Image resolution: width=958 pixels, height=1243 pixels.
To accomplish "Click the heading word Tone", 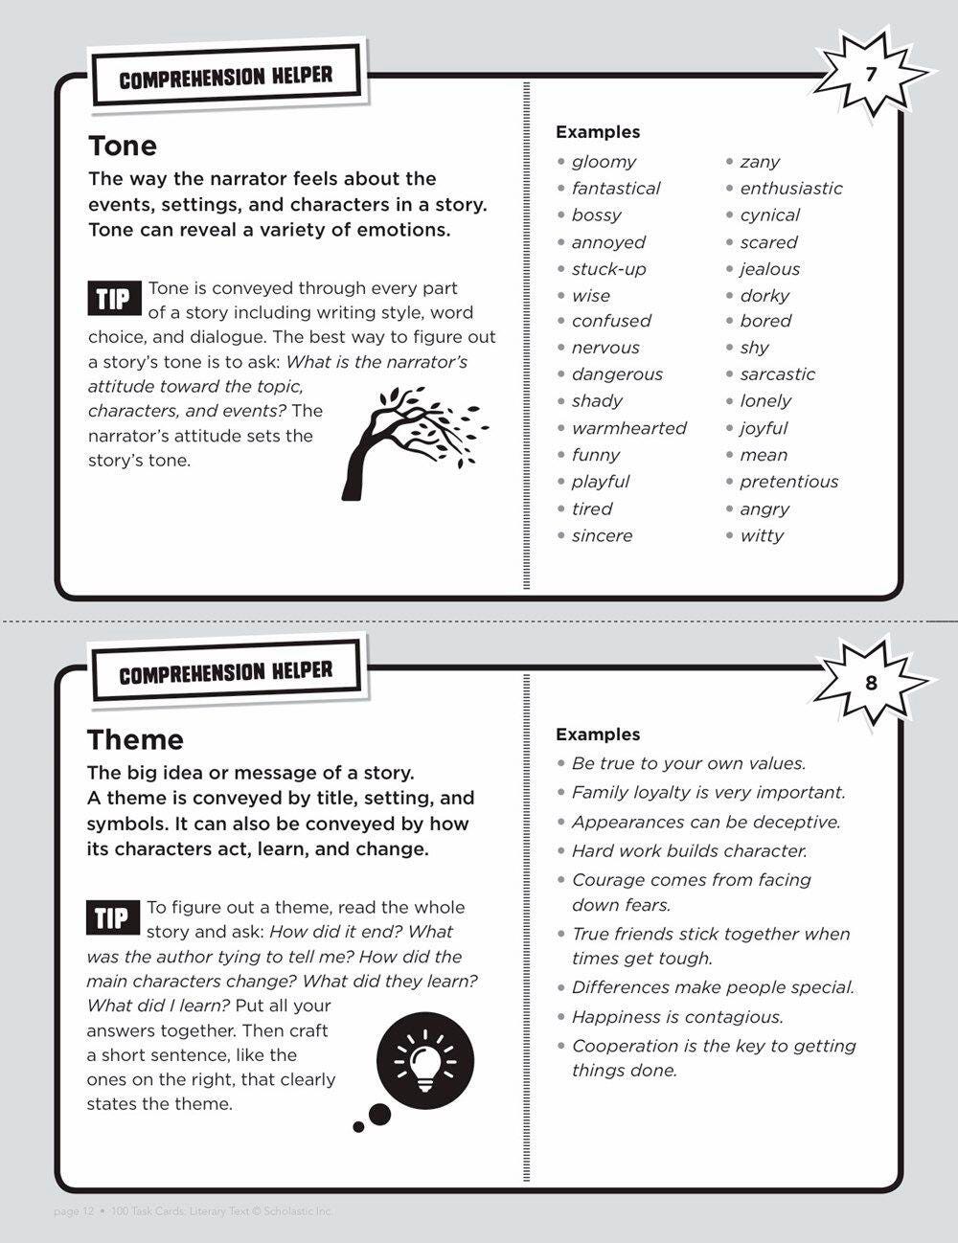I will tap(123, 146).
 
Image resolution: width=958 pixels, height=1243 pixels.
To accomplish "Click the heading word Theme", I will tap(135, 739).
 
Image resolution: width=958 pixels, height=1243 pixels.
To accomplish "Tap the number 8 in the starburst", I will tap(870, 683).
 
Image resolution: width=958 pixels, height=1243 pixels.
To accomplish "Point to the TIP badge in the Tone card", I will tap(113, 299).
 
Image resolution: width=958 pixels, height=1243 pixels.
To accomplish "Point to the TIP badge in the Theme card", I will tap(112, 918).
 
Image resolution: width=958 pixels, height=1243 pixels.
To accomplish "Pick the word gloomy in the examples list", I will tap(604, 162).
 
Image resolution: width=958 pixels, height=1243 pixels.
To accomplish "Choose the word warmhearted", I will tap(628, 428).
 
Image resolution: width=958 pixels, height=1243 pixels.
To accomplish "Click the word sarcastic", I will tap(777, 374).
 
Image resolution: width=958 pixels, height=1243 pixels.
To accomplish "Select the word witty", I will tap(762, 535).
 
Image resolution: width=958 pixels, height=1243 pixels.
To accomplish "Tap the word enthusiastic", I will tap(791, 189).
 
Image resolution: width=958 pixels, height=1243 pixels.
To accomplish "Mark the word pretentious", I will tap(788, 482).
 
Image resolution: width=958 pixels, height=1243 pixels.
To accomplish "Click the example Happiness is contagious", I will tap(677, 1017).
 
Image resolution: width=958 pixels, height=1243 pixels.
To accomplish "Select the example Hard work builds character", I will tap(689, 850).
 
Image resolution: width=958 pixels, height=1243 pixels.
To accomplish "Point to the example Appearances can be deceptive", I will tap(705, 822).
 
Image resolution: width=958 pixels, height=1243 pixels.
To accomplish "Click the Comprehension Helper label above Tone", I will tap(226, 77).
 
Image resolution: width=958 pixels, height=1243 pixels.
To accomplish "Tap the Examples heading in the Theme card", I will tap(598, 734).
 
